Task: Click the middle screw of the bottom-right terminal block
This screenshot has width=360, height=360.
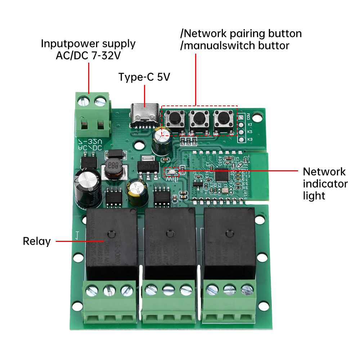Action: (227, 289)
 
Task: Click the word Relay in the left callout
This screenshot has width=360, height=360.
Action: (37, 241)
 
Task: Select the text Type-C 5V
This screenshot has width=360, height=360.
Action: (144, 77)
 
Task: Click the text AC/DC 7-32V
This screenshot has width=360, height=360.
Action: (88, 56)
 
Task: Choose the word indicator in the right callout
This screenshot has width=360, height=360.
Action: (325, 184)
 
